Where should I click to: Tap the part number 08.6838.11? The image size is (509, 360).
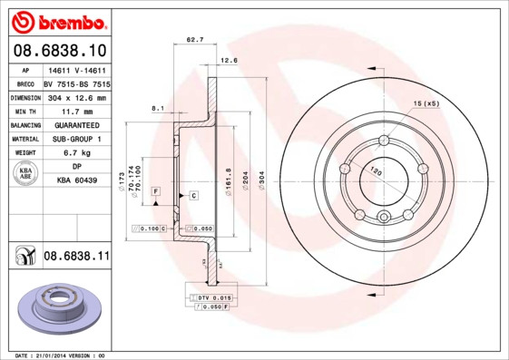(76, 258)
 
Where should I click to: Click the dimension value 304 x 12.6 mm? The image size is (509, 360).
(76, 97)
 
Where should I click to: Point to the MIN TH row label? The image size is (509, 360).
(24, 112)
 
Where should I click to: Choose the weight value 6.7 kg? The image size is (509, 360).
(76, 153)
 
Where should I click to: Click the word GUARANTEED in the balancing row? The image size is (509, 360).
(76, 125)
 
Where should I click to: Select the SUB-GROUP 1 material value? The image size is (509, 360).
(76, 140)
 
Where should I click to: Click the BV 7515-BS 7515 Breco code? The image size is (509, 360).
(76, 83)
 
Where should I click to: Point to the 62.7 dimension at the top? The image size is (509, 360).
(195, 40)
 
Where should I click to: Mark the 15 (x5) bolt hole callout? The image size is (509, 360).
(426, 104)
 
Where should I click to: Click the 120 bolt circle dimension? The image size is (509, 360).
(374, 170)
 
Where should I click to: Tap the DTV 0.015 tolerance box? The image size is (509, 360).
(214, 297)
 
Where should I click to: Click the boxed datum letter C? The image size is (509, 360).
(194, 195)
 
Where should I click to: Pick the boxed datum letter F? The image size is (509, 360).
(156, 192)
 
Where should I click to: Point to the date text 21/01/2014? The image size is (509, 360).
(62, 355)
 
